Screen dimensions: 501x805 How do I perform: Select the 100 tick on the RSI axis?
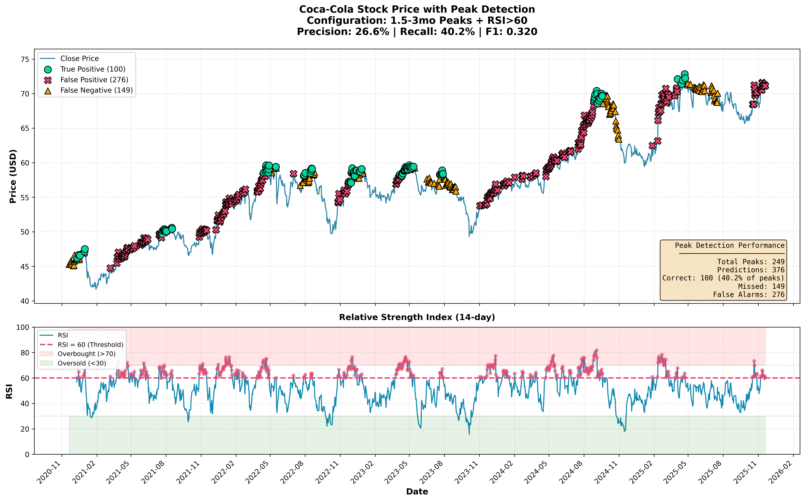(x=23, y=327)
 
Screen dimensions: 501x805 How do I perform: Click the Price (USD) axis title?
(x=13, y=176)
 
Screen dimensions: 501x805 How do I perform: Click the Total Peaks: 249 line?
(x=751, y=262)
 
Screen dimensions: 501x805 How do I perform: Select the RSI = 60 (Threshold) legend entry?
(x=90, y=345)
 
